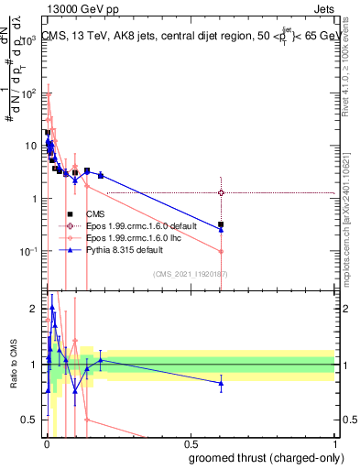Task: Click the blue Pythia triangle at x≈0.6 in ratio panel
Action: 221,384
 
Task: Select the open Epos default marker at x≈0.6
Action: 221,192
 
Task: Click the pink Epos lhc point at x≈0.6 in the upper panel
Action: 221,252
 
